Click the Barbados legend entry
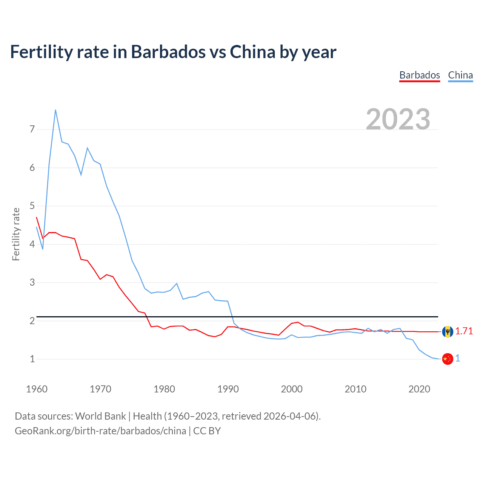point(420,75)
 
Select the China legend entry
point(460,75)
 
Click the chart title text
point(173,52)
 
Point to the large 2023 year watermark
point(398,119)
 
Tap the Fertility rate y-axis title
point(16,234)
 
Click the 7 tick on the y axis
point(32,129)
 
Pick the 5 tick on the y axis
point(32,206)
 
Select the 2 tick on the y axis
point(32,321)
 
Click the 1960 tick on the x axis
point(37,389)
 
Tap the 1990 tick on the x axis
point(228,389)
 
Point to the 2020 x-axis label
point(419,389)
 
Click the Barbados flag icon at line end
point(448,332)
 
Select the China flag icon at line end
point(448,359)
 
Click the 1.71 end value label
point(464,331)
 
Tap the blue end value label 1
point(458,358)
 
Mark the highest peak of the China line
point(55,110)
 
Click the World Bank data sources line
point(168,416)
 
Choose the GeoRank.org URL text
point(100,431)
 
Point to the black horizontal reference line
point(241,317)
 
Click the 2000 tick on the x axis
point(292,389)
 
